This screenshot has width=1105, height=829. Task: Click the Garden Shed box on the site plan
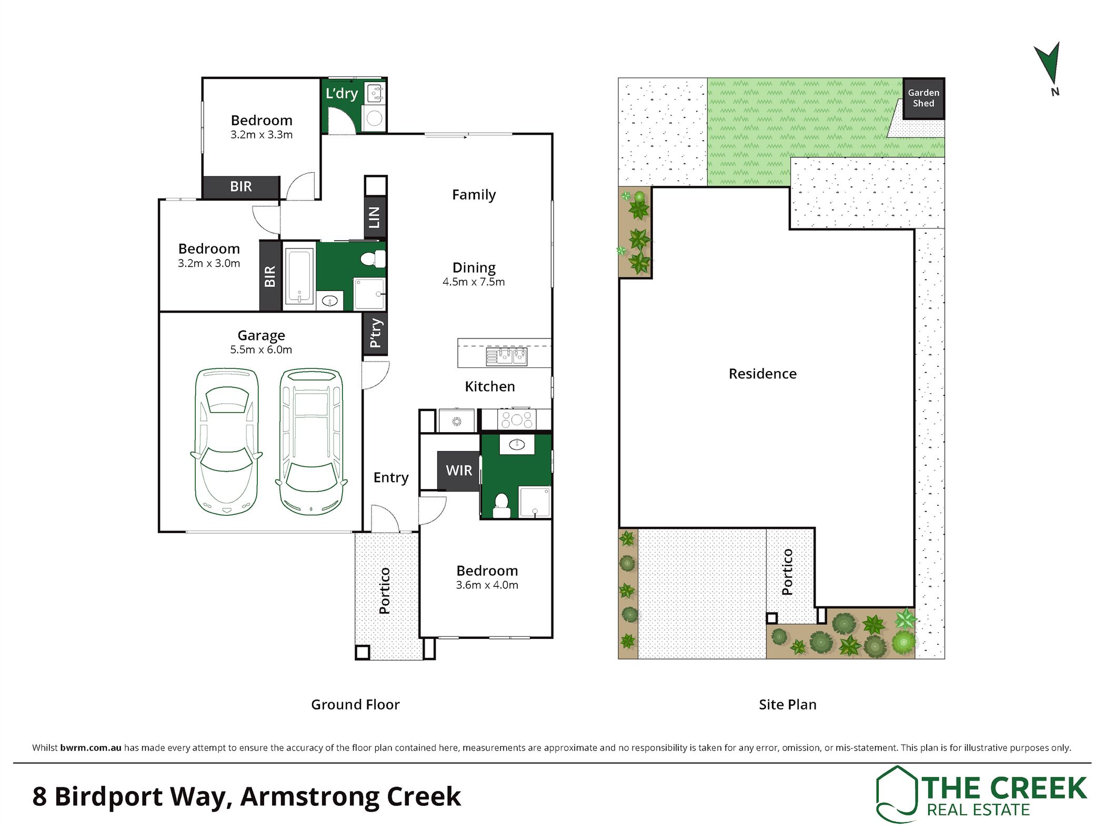point(923,98)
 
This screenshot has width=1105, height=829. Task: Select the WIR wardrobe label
point(459,471)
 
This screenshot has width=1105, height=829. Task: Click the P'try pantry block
point(375,333)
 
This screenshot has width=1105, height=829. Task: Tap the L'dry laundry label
point(341,94)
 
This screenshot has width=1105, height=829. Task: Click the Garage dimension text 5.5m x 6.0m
point(261,349)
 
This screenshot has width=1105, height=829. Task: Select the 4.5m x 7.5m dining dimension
point(474,282)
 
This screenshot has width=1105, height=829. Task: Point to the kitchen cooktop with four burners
point(517,420)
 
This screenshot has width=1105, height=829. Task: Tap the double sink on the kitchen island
point(506,356)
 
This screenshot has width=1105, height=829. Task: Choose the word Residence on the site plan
point(762,374)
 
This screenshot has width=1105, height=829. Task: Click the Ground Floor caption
point(355,704)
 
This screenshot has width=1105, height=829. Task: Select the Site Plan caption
point(787,704)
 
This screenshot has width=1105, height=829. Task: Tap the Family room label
point(474,195)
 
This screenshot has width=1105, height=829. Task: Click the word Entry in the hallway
point(391,477)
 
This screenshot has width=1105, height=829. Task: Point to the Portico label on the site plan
point(787,572)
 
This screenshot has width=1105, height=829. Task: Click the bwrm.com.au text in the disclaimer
point(91,747)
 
